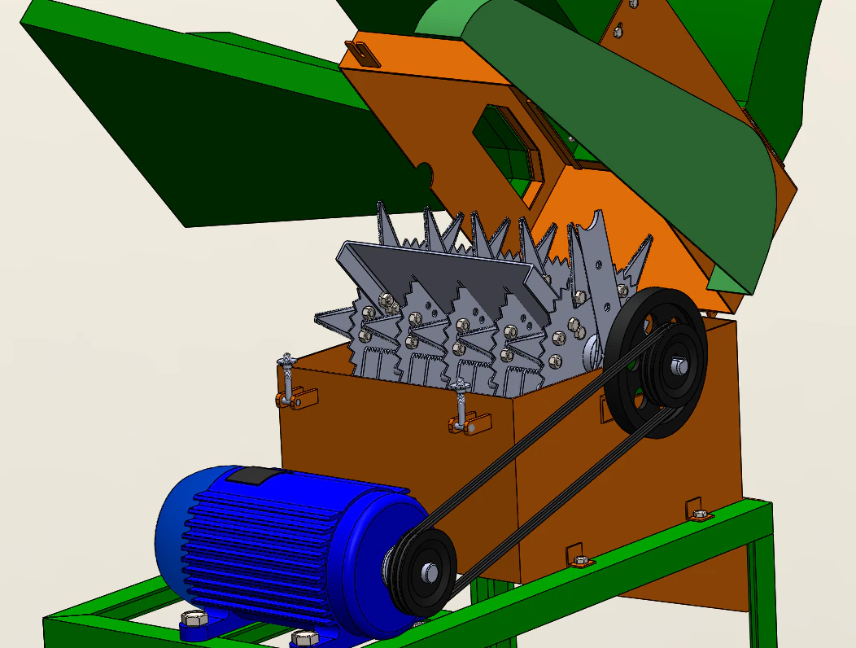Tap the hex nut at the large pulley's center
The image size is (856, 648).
[678, 366]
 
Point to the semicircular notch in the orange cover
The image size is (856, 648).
[424, 173]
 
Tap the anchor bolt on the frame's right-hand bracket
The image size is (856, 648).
[699, 514]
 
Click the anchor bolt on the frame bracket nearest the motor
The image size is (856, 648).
[580, 560]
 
